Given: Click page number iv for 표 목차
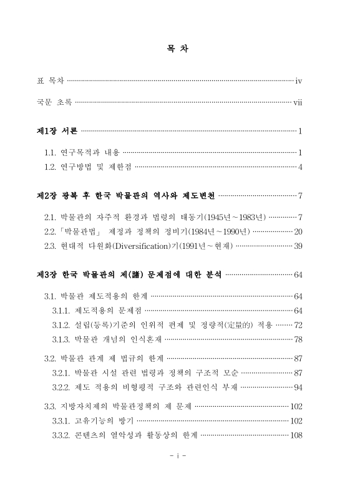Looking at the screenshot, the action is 299,80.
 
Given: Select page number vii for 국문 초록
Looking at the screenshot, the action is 298,101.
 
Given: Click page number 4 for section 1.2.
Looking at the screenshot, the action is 300,167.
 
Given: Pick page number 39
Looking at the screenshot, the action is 298,246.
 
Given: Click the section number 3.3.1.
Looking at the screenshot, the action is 61,420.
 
